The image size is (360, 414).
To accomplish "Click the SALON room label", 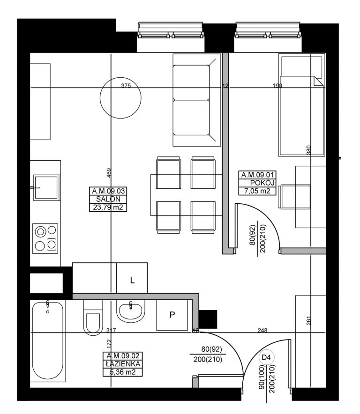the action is pos(108,199).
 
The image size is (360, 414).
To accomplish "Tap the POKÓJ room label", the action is pos(262,183).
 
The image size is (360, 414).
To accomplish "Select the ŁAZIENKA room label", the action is pos(123,364).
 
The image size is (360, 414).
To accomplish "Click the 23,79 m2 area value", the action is pos(108,207).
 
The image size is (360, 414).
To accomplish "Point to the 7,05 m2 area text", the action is pos(257,191).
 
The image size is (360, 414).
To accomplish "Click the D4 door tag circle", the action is pos(266,357).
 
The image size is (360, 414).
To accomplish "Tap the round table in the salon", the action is pos(120,98).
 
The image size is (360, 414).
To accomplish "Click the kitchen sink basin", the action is pos(46,188).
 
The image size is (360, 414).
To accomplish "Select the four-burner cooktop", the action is pos(45,238).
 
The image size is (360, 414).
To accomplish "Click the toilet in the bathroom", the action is pos(93,318).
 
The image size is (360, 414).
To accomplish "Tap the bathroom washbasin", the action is pos(131,311).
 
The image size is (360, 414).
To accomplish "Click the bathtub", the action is pos(48,340).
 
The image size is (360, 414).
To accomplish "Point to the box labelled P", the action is pos(172,315).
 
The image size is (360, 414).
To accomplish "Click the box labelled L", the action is pos(132,278).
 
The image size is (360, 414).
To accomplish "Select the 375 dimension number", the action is pos(126,86).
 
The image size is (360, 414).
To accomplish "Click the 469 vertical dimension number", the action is pos(109,173).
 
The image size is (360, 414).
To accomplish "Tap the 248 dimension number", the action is pos(262,330).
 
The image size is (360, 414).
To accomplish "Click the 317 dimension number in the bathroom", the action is pos(111,330).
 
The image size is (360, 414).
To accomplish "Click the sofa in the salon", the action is pos(197,100).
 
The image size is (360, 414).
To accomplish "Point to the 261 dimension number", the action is pos(308,320).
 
